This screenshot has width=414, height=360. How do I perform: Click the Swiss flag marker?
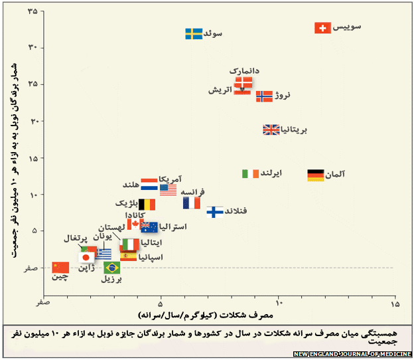(x=322, y=28)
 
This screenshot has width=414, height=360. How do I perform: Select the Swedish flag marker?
(x=194, y=33)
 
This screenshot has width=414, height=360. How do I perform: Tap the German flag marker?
(x=315, y=175)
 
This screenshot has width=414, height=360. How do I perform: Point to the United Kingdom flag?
(x=271, y=130)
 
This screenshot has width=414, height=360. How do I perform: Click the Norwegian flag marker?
(x=264, y=96)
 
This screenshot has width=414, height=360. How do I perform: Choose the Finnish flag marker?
(x=215, y=212)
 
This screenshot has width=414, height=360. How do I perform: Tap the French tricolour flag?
(x=191, y=203)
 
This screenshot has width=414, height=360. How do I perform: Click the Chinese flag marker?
(x=60, y=268)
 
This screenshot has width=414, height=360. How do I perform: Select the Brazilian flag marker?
(x=111, y=268)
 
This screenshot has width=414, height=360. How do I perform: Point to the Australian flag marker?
(x=149, y=227)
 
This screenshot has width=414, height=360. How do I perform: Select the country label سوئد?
(x=212, y=33)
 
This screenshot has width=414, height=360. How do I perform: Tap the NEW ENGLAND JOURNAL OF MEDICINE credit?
(x=352, y=353)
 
